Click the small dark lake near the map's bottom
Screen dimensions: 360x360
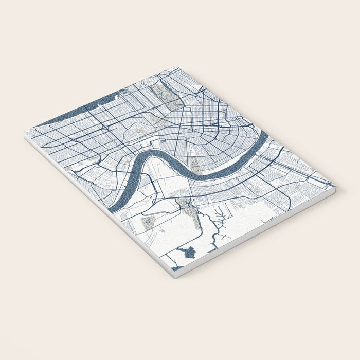click(187, 252)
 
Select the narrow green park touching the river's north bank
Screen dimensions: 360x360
click(194, 164)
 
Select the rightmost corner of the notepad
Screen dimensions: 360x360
click(335, 186)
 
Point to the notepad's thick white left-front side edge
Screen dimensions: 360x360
click(98, 206)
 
